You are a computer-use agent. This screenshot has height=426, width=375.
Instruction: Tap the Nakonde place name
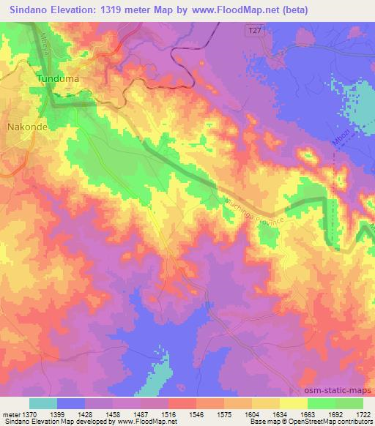coord(26,126)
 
